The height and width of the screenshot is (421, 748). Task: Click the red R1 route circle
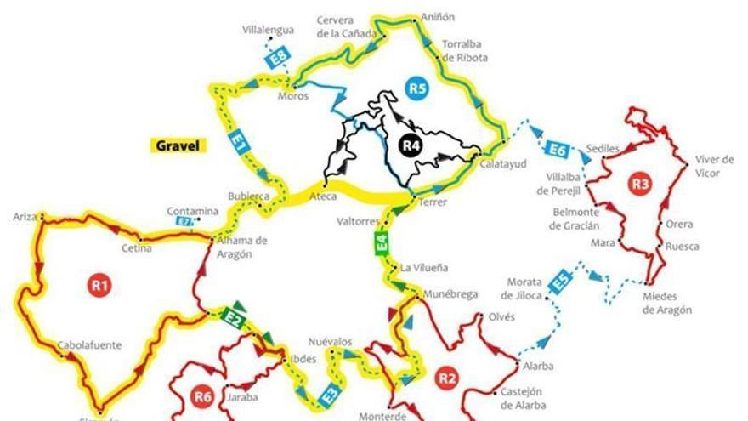click(99, 284)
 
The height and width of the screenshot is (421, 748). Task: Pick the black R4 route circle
click(411, 145)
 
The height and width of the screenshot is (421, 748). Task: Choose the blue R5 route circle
click(416, 87)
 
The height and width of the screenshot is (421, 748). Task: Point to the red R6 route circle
click(201, 395)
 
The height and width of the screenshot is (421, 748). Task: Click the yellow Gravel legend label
click(178, 145)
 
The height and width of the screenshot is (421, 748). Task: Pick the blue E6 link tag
click(557, 150)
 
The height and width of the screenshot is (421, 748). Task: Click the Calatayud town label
click(503, 163)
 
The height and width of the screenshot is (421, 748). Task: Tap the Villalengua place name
click(268, 30)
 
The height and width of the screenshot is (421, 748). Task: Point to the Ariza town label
click(25, 217)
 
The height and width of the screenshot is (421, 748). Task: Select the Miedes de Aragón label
click(667, 304)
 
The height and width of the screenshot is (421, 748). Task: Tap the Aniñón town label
click(438, 17)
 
